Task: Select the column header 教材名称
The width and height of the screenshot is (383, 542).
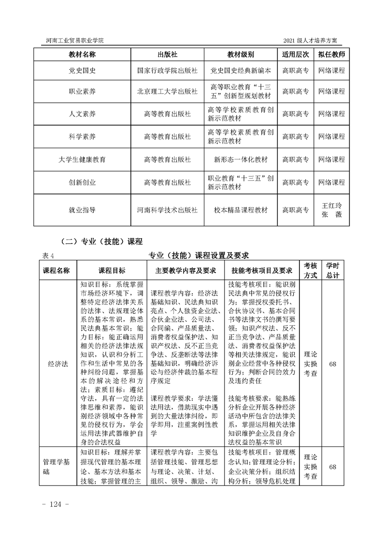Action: point(82,54)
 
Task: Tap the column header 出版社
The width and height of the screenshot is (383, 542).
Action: point(167,54)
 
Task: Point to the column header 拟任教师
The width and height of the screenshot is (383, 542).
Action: point(331,54)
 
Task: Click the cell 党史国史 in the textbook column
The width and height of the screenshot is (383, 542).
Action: point(82,70)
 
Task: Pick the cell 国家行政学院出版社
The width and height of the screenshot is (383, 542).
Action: point(167,70)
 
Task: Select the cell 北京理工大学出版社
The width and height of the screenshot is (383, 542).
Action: point(167,91)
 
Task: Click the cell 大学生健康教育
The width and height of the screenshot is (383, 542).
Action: point(82,159)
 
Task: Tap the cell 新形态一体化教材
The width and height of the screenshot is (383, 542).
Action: point(241,159)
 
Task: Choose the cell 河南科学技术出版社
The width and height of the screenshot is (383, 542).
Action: point(167,210)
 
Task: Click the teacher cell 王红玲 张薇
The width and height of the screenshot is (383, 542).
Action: point(331,210)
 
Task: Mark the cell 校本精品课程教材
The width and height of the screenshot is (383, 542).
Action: point(241,210)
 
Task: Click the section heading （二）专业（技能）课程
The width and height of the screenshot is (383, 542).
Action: point(99,241)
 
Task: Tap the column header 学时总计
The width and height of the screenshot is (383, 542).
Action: point(332,270)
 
